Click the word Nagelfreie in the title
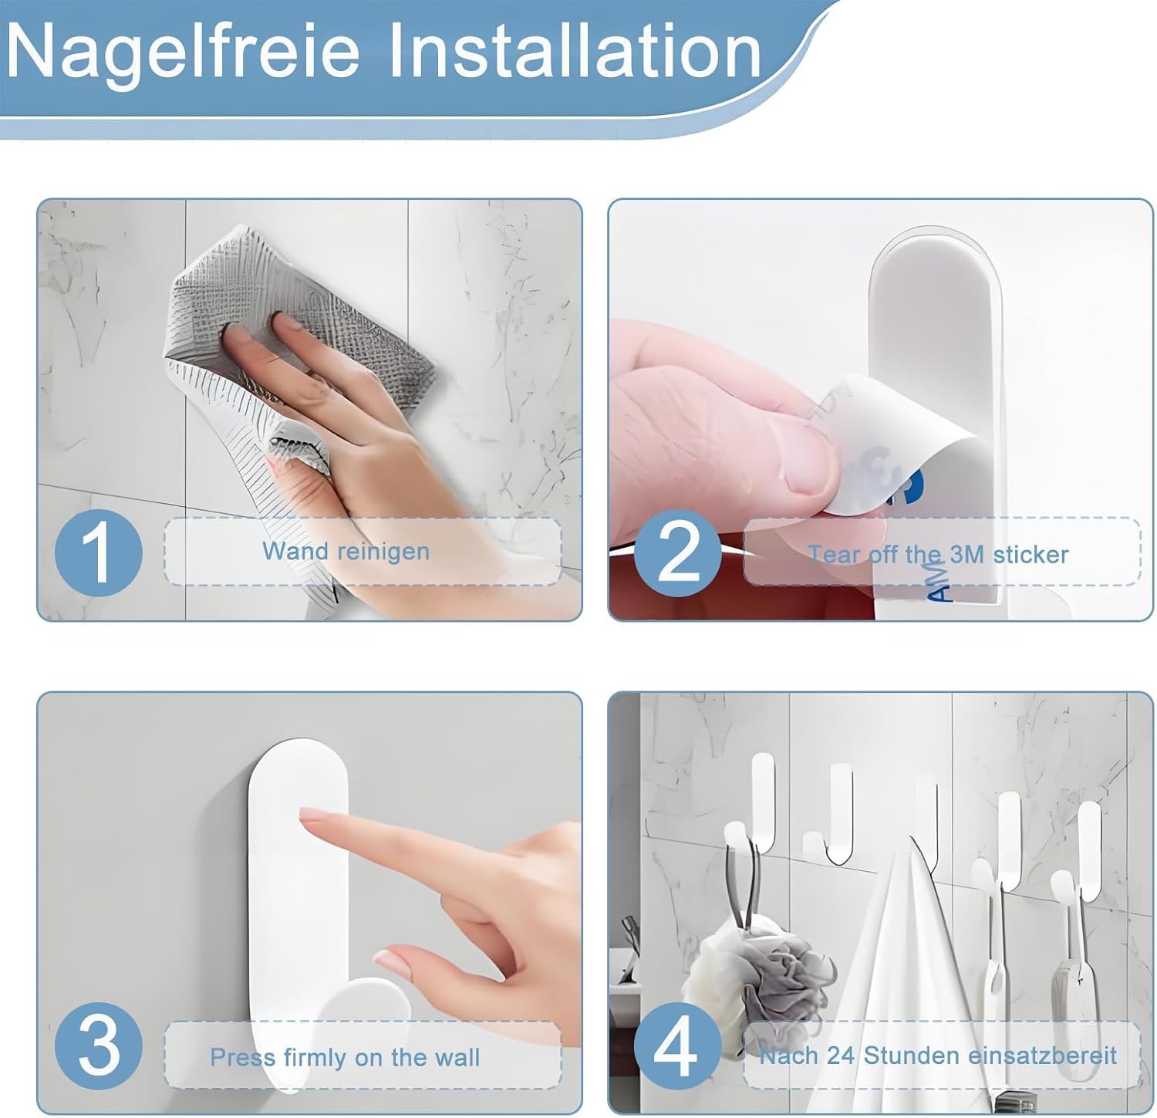coord(183,52)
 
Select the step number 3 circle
coord(99,1046)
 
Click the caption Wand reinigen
coord(346,552)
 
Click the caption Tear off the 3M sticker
coord(938,554)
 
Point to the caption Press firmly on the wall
coord(345,1057)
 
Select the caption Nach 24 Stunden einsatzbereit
coord(938,1055)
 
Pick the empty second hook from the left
coord(837,810)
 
